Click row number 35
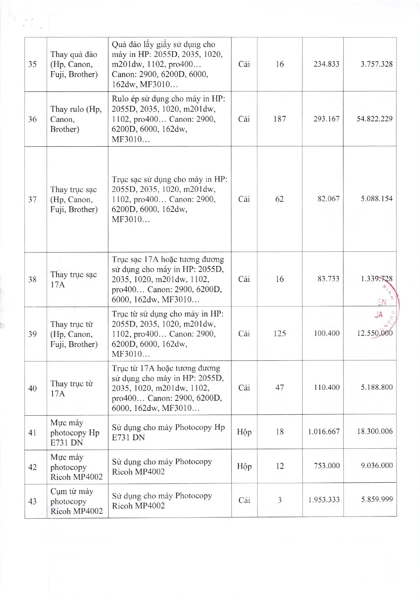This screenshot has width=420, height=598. [33, 64]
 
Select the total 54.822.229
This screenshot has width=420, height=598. [374, 119]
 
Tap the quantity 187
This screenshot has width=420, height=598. [279, 119]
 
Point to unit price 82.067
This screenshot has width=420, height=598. [328, 199]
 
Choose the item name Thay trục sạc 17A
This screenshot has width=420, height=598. [73, 280]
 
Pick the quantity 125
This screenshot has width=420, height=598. [279, 334]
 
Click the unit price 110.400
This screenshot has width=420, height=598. [327, 387]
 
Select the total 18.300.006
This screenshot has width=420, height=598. [374, 431]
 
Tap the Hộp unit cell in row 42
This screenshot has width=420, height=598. [244, 466]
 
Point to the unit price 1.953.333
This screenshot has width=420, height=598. [323, 500]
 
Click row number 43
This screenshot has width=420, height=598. [33, 501]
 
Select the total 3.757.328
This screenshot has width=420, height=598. [376, 64]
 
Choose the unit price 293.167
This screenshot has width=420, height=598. [326, 119]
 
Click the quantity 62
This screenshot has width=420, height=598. [279, 199]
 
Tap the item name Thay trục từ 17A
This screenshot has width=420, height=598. [71, 388]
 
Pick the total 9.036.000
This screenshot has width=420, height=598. [376, 466]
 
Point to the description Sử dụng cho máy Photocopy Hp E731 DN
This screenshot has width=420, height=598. [168, 432]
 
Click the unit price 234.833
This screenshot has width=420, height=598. [326, 64]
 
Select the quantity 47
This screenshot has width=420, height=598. [279, 387]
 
